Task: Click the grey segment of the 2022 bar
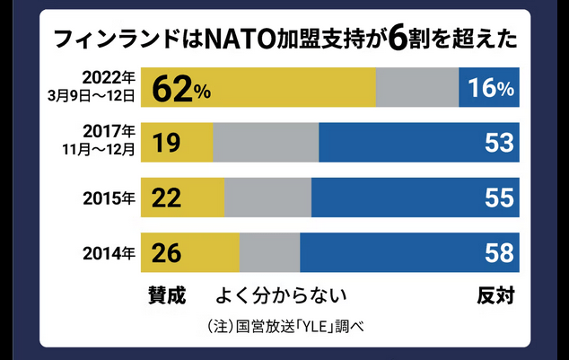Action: click(x=417, y=88)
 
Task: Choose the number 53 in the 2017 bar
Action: click(x=498, y=143)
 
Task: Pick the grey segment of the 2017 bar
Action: click(x=266, y=143)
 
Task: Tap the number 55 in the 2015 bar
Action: click(x=498, y=198)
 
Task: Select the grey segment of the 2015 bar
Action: click(x=267, y=198)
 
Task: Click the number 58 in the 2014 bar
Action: click(x=498, y=252)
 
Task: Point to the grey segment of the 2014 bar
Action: click(x=269, y=252)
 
